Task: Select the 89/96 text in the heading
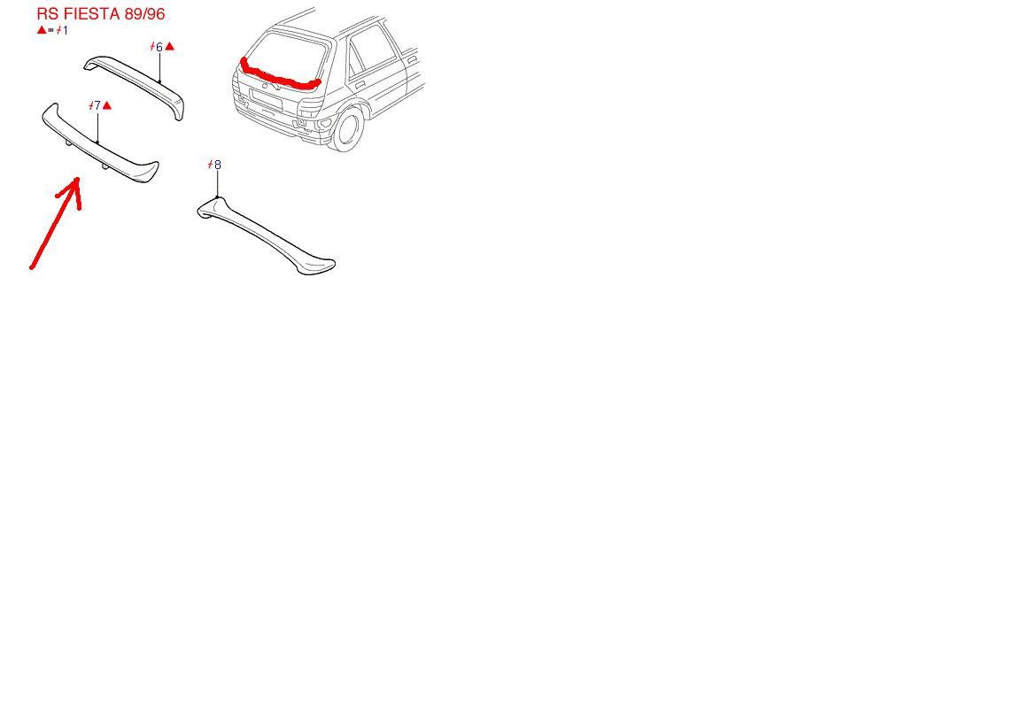(143, 13)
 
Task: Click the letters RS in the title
(48, 13)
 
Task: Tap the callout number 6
(159, 47)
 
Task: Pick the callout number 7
(97, 105)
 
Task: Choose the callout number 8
(217, 165)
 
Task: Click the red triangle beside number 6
(170, 46)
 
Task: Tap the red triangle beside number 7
(107, 105)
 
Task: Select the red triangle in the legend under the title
(42, 30)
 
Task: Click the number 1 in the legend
(65, 31)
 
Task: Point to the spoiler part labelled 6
(134, 86)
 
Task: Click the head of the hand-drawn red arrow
(75, 181)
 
